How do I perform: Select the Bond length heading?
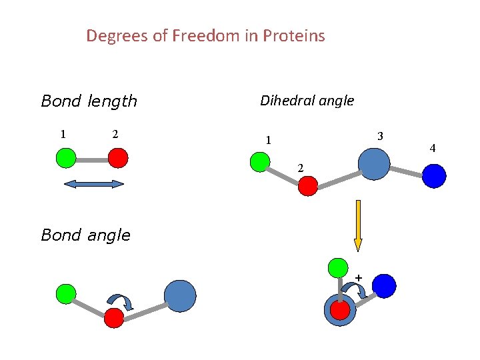[x=89, y=101]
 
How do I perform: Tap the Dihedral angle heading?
[x=307, y=101]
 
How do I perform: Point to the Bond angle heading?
[x=85, y=235]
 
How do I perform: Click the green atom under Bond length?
[x=65, y=158]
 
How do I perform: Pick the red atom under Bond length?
[x=117, y=158]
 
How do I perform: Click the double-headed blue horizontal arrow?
[x=94, y=184]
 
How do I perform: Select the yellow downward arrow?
[x=358, y=225]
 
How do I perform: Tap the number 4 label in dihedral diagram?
[x=433, y=148]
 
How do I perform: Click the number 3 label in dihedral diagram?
[x=379, y=136]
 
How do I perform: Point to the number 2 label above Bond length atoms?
[x=115, y=134]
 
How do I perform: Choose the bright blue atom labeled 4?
[x=434, y=176]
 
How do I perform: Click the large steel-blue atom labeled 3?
[x=373, y=163]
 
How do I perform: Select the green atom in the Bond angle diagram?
[x=65, y=293]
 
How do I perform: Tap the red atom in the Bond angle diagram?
[x=114, y=318]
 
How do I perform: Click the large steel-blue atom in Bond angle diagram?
[x=180, y=296]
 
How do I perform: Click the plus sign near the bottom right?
[x=359, y=277]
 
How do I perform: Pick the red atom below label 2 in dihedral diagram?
[x=307, y=186]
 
